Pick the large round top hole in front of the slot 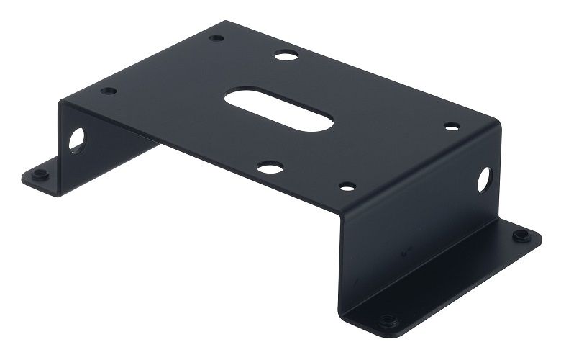pos(270,168)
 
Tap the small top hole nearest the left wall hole pos(109,91)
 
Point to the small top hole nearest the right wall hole pos(451,127)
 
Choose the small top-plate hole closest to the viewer pos(347,186)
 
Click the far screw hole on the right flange pos(519,235)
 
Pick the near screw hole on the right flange pos(388,319)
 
